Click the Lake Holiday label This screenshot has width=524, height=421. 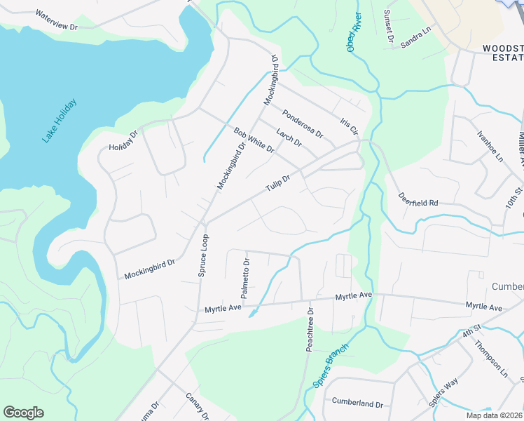pos(59,121)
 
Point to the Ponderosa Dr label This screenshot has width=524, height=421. pos(303,123)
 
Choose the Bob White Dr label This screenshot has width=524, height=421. pos(254,140)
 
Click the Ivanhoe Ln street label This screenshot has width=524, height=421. pos(490,147)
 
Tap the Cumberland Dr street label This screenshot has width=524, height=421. pos(358,405)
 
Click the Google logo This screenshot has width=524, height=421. pos(23,413)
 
